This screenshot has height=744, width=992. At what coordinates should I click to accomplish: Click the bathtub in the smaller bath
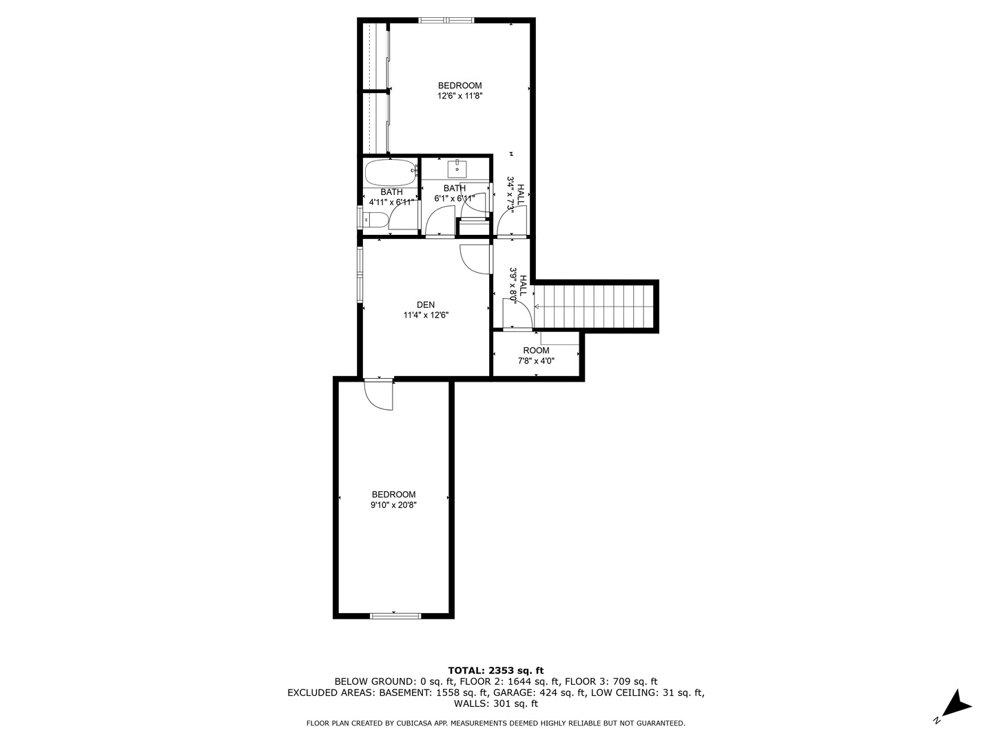pos(391,172)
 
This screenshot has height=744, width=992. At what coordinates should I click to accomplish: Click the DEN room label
pos(426,304)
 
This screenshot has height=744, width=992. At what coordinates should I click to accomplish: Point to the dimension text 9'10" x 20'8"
pos(393,505)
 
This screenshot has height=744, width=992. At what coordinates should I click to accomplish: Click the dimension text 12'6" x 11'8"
pos(459,96)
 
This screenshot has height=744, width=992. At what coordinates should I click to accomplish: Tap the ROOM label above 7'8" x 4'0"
pos(536,351)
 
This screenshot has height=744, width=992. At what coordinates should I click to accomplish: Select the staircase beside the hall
pos(594,307)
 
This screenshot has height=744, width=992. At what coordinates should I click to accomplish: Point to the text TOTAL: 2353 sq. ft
pos(495,670)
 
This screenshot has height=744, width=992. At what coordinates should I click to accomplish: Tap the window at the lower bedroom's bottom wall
pos(395,615)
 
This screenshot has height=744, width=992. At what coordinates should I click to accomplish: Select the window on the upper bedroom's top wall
pos(446,20)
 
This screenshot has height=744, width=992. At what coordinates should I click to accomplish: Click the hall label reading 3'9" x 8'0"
pos(518,282)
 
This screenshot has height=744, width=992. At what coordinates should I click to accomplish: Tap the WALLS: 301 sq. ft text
pos(495,703)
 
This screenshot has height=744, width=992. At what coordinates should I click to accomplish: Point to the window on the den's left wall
pos(360,274)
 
